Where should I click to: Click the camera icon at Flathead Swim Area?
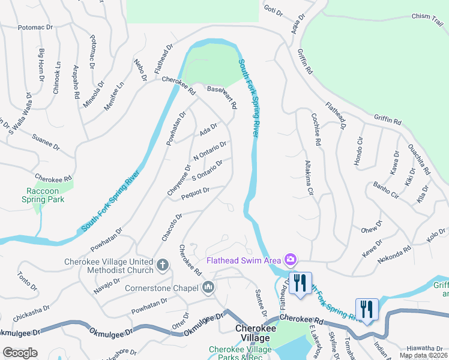(291, 260)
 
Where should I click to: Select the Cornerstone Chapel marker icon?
(208, 288)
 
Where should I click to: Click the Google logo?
(20, 352)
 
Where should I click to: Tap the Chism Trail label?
(427, 17)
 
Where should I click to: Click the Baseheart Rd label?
(222, 97)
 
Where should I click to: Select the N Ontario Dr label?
(209, 151)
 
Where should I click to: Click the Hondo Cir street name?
(359, 155)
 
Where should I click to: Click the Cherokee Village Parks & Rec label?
(240, 353)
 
